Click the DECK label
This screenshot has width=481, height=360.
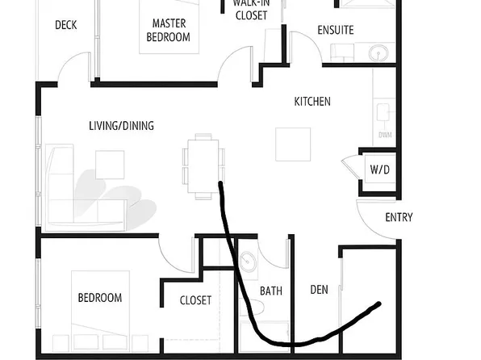[x=66, y=25]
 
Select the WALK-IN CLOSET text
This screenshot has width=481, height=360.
[x=251, y=9]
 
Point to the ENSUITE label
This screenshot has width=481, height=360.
[x=336, y=31]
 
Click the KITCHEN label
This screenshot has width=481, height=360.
[x=312, y=102]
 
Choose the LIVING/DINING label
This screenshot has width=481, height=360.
[x=121, y=126]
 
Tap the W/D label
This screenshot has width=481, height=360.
[x=379, y=170]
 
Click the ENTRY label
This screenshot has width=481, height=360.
[x=399, y=217]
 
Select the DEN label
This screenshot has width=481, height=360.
[x=320, y=289]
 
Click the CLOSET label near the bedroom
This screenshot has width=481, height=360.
[x=195, y=300]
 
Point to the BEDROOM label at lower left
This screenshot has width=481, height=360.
[x=99, y=298]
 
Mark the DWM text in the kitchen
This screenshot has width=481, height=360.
[x=384, y=135]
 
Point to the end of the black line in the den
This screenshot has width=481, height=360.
[x=379, y=304]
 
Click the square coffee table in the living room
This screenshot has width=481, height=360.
[x=110, y=165]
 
